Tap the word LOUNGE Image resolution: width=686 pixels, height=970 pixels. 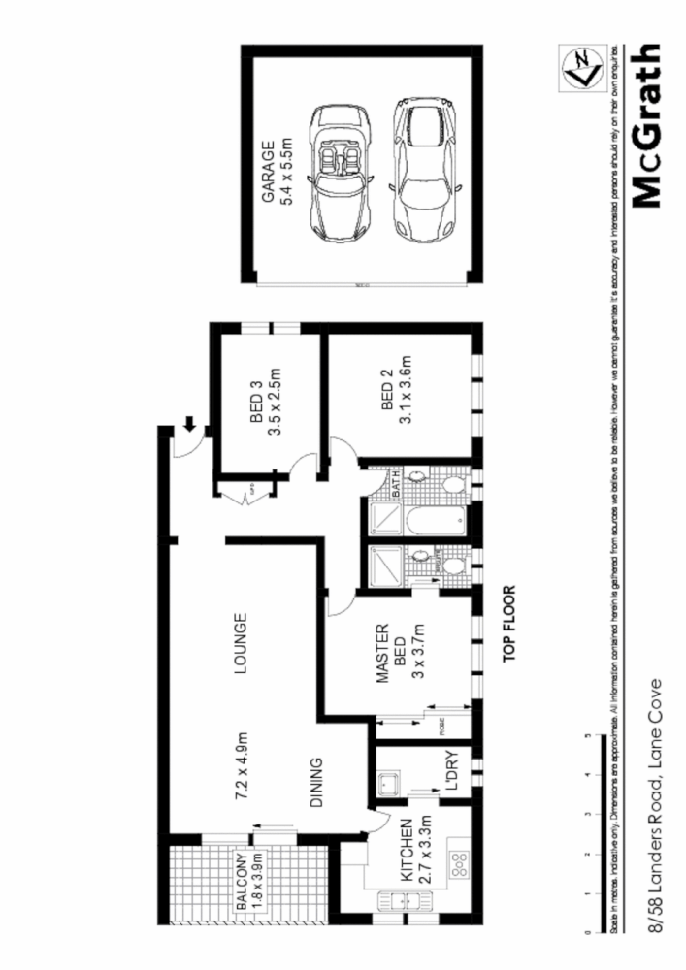[x=240, y=642]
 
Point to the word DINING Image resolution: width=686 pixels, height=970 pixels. [x=315, y=783]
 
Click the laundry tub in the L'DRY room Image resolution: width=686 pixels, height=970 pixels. [x=391, y=779]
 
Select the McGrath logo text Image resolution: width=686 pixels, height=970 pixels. [x=647, y=126]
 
